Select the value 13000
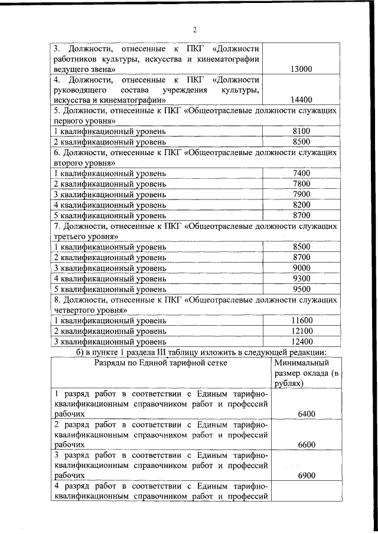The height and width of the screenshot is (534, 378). tap(301, 69)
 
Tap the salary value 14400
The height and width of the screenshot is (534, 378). tap(301, 100)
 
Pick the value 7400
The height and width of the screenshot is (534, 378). tap(301, 173)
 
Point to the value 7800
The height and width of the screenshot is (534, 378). tap(301, 184)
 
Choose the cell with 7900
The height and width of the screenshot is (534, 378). tap(301, 194)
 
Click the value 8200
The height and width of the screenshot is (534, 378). tap(301, 205)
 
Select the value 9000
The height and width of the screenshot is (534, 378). tap(301, 268)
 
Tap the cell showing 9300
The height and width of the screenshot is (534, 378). tap(301, 279)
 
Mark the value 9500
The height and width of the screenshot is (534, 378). tap(301, 289)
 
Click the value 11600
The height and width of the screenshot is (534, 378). tap(301, 320)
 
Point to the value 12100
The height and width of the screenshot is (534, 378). tap(301, 331)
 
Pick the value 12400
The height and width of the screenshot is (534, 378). tap(301, 342)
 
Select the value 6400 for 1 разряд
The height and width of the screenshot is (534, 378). tap(307, 415)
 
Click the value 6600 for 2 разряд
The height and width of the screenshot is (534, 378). tap(307, 445)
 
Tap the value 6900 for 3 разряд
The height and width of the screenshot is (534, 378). tap(307, 475)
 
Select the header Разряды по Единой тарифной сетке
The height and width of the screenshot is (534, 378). tap(161, 363)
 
